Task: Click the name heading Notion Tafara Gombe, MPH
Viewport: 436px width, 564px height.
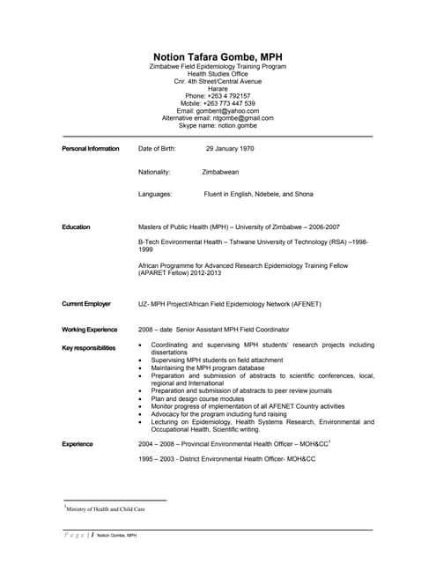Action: click(x=218, y=56)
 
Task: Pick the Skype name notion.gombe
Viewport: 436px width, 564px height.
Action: click(x=231, y=125)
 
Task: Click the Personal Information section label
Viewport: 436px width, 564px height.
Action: click(x=91, y=148)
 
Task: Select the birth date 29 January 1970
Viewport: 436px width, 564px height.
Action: click(x=230, y=148)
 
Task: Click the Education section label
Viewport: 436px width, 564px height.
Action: click(x=76, y=227)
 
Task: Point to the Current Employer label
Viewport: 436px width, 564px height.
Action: click(x=86, y=304)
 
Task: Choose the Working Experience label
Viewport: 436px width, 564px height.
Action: click(x=90, y=330)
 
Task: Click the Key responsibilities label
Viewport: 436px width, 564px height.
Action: click(x=89, y=348)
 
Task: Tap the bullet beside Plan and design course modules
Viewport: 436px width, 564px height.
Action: click(x=141, y=398)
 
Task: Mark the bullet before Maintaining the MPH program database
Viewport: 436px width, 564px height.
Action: click(x=141, y=368)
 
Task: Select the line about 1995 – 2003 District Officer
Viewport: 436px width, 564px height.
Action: click(x=226, y=459)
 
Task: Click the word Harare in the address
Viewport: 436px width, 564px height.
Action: click(x=218, y=88)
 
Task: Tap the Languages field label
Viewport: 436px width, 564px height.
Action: click(x=155, y=194)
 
